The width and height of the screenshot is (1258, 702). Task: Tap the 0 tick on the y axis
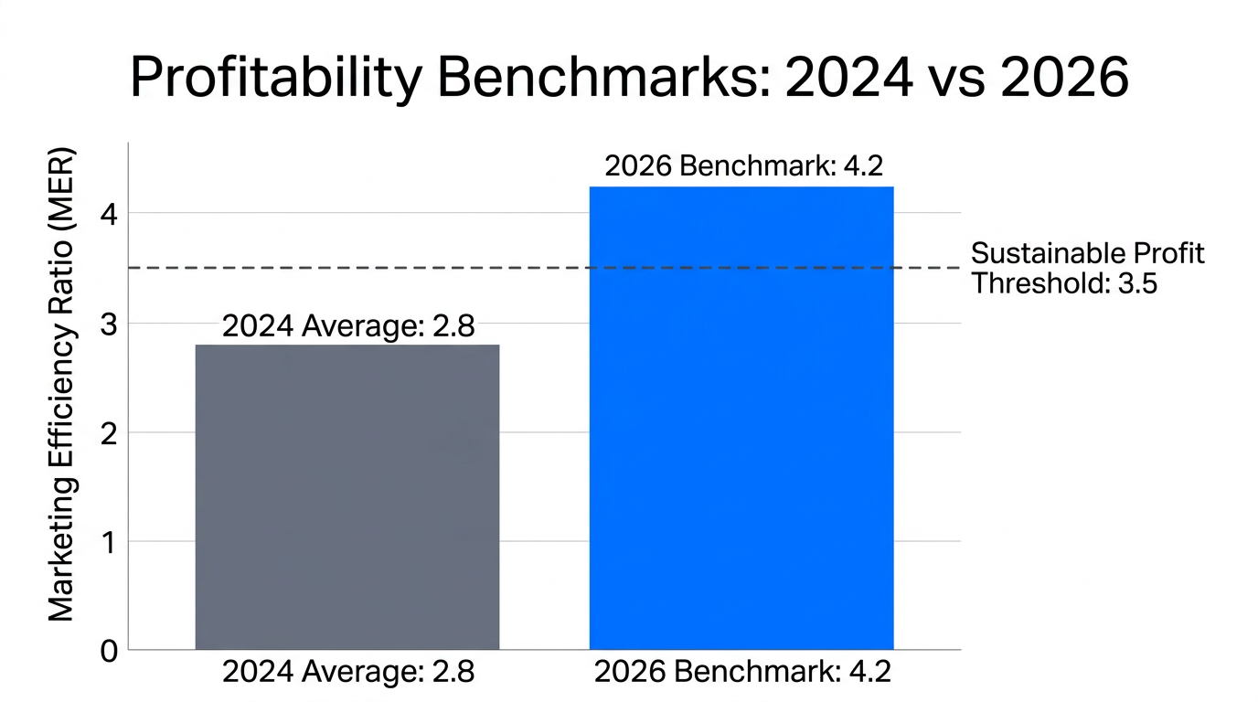point(110,651)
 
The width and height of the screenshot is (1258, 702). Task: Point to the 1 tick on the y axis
point(110,541)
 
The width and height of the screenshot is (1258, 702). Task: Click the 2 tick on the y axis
point(110,432)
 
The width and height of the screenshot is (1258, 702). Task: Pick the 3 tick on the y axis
point(110,323)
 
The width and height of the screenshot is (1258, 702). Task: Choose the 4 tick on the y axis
point(110,214)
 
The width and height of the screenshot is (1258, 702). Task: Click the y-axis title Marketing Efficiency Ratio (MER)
point(61,384)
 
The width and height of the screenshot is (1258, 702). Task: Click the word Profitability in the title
point(275,77)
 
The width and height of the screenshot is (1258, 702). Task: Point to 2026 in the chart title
point(1064,77)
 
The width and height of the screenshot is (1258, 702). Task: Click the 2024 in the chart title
point(848,77)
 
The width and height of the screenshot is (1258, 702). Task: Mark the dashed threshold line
point(366,268)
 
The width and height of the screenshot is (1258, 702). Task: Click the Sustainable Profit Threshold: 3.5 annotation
point(1087,268)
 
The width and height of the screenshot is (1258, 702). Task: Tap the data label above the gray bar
point(348,326)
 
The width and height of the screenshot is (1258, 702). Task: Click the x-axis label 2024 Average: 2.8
point(348,672)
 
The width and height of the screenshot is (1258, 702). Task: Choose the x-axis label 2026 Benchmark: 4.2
point(742,672)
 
